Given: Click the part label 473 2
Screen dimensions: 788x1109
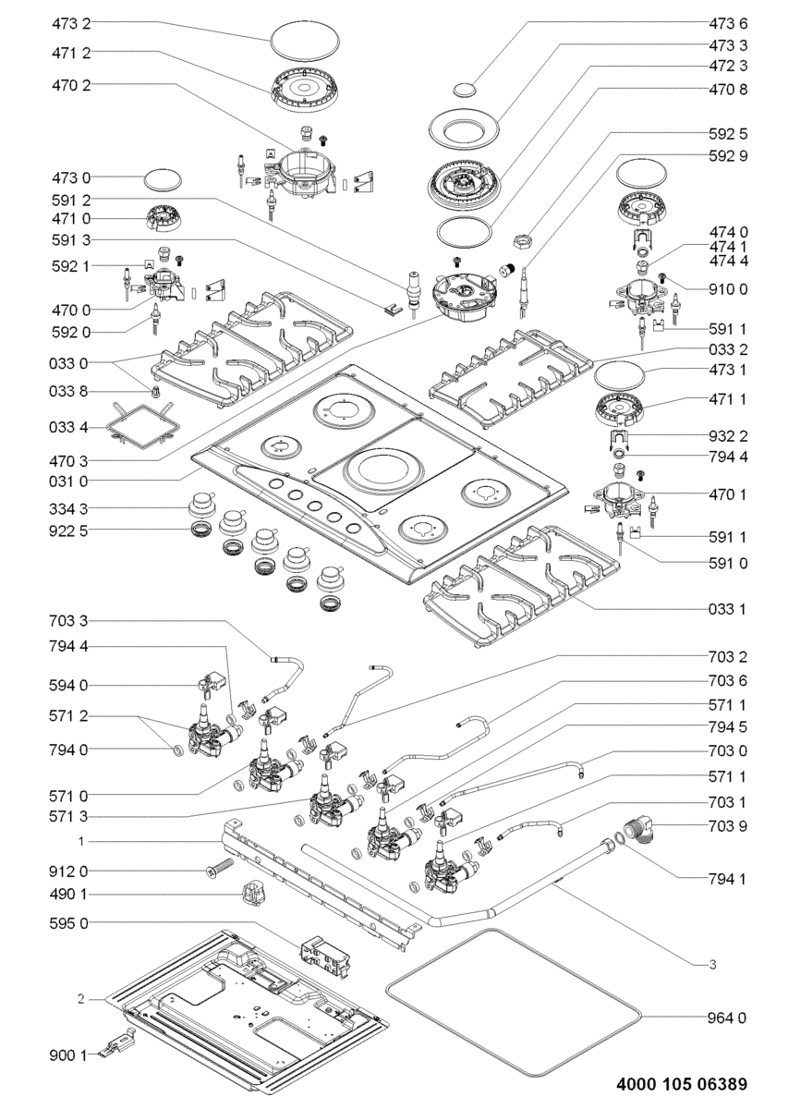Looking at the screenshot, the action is point(71,24).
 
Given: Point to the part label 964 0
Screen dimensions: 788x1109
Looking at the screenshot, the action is point(728,1018).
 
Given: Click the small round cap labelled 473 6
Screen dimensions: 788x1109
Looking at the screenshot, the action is point(465,90).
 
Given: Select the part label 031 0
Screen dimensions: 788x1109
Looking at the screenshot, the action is point(68,481).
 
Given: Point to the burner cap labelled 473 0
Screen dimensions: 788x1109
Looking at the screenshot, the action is point(163,179).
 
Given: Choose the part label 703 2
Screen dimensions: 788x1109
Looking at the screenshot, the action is point(728,657).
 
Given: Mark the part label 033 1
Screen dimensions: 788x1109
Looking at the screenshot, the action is point(728,609).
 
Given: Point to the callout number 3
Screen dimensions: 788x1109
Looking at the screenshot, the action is point(713,964).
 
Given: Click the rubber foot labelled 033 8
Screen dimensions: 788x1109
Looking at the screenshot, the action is point(156,391).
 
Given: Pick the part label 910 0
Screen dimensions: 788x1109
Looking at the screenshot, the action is point(728,289).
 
